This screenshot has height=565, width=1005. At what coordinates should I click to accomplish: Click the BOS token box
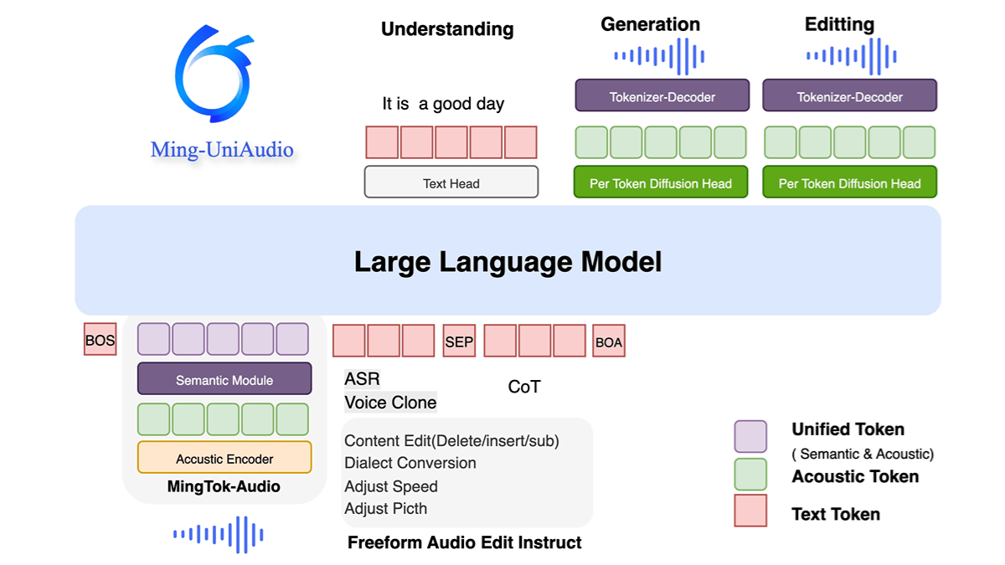pos(100,340)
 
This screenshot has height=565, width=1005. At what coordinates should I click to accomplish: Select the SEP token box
pos(458,341)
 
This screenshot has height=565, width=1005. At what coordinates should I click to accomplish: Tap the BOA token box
pos(608,341)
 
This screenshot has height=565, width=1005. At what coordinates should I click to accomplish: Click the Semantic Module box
pos(224,379)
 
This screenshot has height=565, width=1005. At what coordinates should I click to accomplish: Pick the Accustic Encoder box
pos(224,458)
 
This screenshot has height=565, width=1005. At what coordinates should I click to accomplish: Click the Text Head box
pos(451,182)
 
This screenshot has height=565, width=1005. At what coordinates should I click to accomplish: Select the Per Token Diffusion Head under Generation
pos(661,182)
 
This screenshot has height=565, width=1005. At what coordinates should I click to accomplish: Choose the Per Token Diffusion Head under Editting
pos(849,182)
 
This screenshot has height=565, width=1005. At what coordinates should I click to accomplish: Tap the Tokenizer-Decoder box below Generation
pos(662,96)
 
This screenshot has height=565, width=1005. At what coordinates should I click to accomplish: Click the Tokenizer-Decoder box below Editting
pos(849,96)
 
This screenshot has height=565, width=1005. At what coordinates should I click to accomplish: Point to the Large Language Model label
pos(508,262)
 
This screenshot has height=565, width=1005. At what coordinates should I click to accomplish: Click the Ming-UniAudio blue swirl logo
pos(213,75)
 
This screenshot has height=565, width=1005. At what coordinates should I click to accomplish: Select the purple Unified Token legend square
pos(750,436)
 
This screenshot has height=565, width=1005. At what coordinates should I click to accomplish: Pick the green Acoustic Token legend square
pos(750,474)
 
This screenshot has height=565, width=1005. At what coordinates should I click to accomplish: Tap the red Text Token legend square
pos(750,511)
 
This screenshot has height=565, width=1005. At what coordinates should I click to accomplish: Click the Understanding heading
pos(447,29)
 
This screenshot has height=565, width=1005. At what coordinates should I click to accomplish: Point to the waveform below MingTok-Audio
pos(219,534)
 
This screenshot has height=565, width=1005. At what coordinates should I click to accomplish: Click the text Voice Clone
pos(390,403)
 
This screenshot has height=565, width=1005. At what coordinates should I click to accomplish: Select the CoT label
pos(524,387)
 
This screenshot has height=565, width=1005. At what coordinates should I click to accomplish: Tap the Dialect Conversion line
pos(410,463)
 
